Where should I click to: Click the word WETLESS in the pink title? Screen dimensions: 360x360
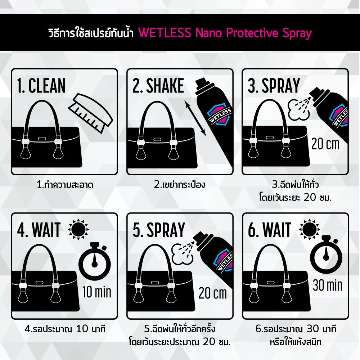coord(165,32)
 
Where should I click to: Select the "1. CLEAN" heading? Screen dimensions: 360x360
coord(41,85)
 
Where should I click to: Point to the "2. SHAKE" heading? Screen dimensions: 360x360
coord(158,85)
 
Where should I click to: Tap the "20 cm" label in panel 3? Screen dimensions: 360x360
coord(325,144)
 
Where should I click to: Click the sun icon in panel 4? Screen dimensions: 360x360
coord(78,229)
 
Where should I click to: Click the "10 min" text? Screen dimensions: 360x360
coord(97,292)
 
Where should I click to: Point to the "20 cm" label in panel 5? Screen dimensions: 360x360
coord(213,293)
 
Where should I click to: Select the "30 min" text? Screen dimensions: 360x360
coord(328,285)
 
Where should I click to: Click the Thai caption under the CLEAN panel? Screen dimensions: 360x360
coord(65,185)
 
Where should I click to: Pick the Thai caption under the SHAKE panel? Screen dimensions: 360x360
coord(180,185)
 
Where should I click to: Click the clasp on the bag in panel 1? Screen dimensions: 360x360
coord(42,139)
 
